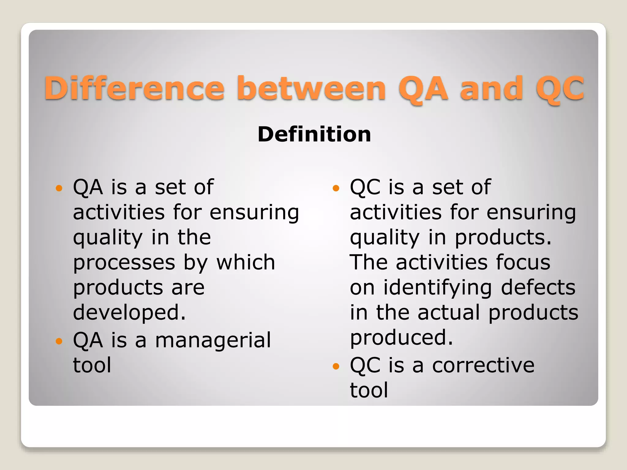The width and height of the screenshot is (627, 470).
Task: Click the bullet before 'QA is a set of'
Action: [59, 188]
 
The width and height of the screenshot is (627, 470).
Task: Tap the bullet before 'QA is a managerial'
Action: [59, 341]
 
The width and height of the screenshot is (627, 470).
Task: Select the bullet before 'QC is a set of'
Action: [336, 188]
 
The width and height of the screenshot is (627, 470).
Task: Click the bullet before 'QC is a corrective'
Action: [336, 366]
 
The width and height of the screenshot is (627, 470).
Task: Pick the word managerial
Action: [213, 340]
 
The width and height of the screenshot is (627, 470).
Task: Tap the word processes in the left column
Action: [124, 263]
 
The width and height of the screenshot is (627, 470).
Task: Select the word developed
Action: [129, 313]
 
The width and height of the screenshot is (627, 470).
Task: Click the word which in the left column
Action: [246, 263]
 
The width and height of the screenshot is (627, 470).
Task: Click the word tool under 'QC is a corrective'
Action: [369, 390]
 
